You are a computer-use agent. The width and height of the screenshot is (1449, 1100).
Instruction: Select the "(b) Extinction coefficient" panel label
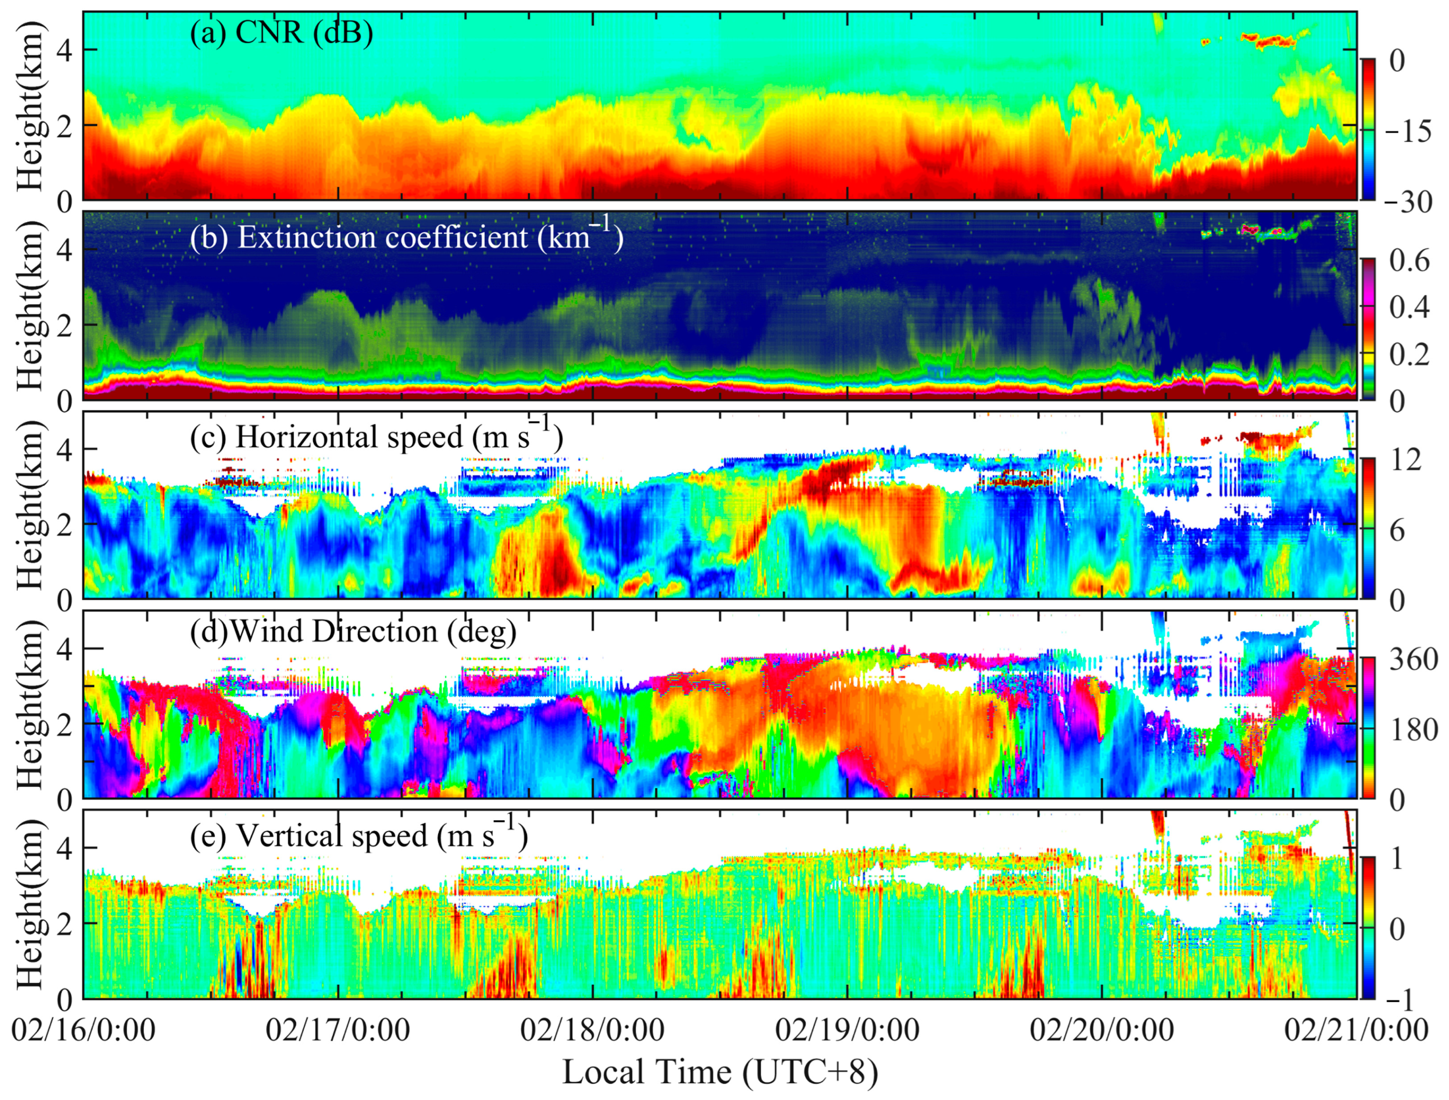406,236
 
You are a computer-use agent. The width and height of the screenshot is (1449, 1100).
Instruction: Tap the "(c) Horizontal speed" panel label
376,436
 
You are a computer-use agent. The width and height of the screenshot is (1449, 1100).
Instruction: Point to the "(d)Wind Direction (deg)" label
353,632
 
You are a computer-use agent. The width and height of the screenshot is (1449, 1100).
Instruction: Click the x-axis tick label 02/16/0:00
83,1029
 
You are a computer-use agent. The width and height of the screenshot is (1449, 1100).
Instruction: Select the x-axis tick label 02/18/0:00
592,1029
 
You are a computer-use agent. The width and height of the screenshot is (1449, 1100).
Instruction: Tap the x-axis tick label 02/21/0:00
1356,1029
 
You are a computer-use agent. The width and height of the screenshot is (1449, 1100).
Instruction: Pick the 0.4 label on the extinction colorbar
1409,307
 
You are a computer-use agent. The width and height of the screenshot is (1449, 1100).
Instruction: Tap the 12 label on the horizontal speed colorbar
1406,460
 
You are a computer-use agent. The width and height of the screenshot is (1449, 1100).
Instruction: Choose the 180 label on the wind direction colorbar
1414,730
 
